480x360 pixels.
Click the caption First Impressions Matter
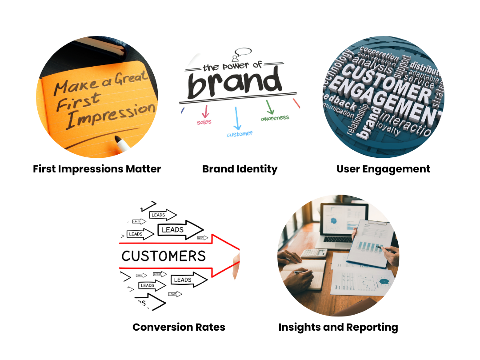(x=97, y=169)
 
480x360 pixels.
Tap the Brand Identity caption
(x=240, y=169)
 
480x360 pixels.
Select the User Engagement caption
(x=383, y=169)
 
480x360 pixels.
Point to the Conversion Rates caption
(x=179, y=327)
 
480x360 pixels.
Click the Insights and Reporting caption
(x=338, y=327)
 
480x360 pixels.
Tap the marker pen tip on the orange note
(x=119, y=141)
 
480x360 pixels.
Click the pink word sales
(x=204, y=122)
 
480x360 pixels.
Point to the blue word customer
(x=240, y=134)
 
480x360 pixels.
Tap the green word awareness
(x=275, y=118)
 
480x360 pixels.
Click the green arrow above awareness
(x=269, y=107)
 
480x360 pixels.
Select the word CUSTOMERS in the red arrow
(x=164, y=256)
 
